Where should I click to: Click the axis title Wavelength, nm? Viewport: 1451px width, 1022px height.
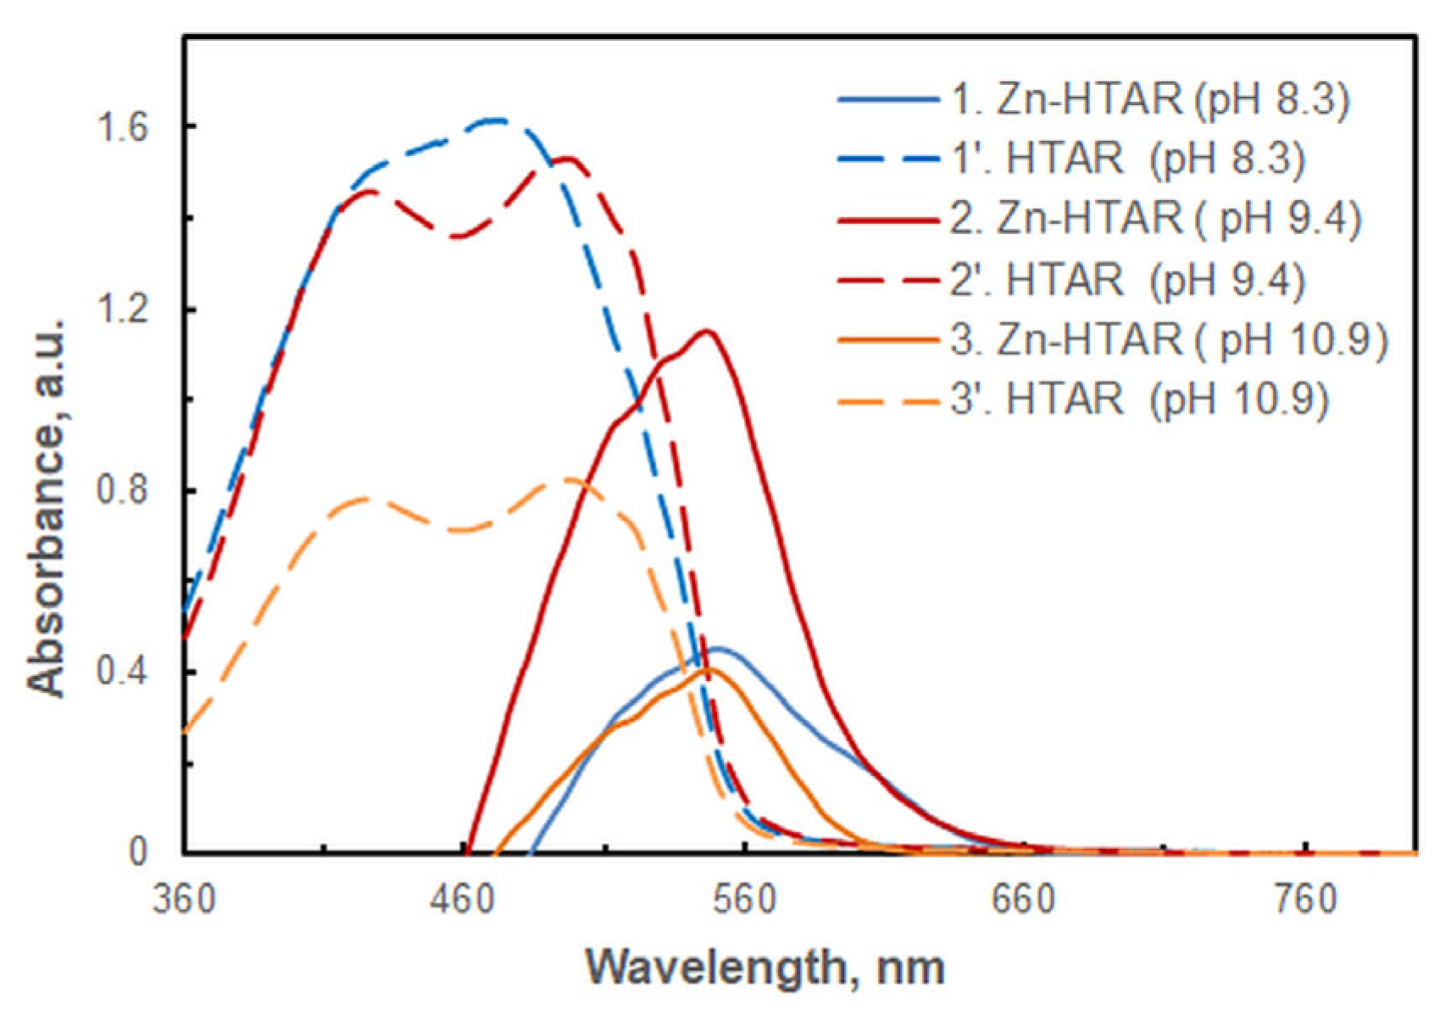coord(764,967)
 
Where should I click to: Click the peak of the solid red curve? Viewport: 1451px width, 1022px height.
coord(706,331)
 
